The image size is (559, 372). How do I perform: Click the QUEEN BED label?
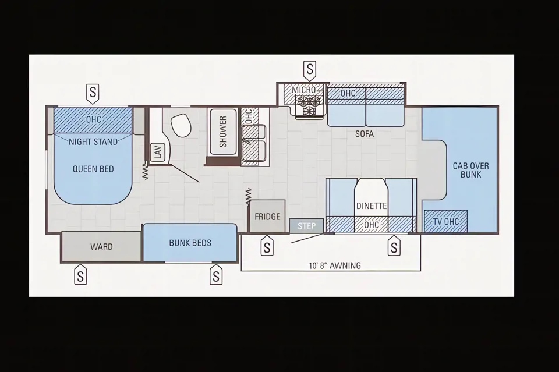click(x=93, y=169)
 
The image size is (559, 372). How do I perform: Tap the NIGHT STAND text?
click(x=93, y=142)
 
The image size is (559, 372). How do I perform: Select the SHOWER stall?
click(x=223, y=132)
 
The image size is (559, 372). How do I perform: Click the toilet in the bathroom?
click(x=181, y=125)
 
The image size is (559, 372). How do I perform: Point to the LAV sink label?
click(x=158, y=152)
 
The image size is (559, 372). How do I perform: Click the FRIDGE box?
click(x=267, y=217)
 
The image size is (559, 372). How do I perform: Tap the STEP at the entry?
click(x=306, y=226)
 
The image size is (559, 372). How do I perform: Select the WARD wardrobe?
click(x=101, y=247)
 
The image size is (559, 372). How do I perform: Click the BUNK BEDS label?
click(x=190, y=243)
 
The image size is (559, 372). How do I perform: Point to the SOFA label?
click(x=365, y=134)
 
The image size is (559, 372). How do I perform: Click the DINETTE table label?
click(x=372, y=206)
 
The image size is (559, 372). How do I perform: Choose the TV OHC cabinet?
click(x=445, y=221)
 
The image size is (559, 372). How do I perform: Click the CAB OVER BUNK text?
click(x=470, y=170)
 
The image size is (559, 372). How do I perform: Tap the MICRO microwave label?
click(x=304, y=90)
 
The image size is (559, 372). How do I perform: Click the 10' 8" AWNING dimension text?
click(x=335, y=265)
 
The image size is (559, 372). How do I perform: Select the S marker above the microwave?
click(x=310, y=69)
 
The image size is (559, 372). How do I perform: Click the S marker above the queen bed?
click(x=93, y=93)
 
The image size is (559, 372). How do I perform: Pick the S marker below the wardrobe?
click(x=80, y=275)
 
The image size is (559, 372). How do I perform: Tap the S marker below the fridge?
click(x=267, y=246)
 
